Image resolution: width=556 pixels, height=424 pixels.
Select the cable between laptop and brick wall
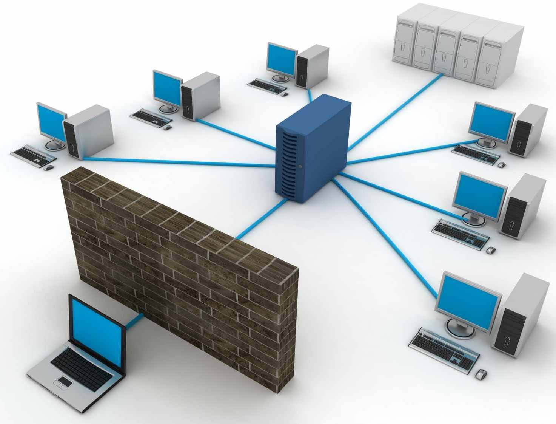tap(134, 321)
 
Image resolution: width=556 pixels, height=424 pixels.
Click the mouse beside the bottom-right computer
tap(481, 375)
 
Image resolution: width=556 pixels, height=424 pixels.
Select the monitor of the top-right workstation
tap(491, 121)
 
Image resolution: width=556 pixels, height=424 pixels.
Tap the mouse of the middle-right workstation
tap(491, 250)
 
